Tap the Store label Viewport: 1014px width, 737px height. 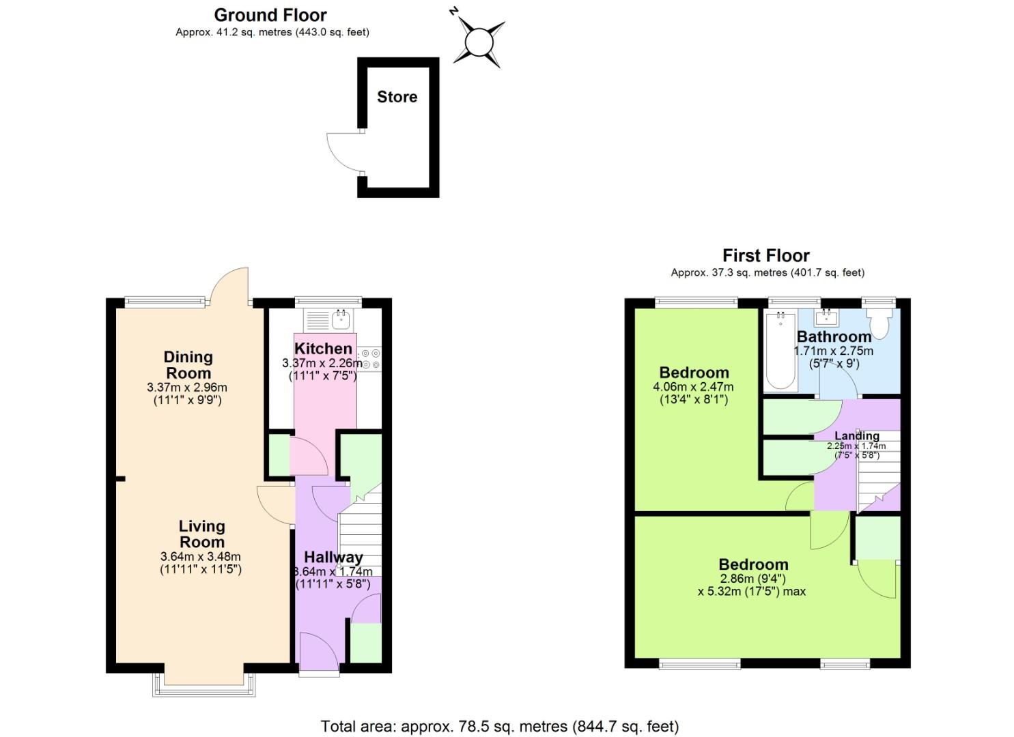397,97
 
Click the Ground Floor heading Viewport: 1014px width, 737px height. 270,15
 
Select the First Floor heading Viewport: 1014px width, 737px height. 765,256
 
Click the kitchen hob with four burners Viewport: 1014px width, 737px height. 371,359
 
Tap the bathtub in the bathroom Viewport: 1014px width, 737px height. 780,349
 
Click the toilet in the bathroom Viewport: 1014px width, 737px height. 880,323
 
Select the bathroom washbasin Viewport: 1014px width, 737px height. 827,317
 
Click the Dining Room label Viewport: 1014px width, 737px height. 188,365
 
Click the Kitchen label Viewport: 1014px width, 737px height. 323,349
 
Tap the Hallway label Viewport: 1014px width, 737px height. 333,558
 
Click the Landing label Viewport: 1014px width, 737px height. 857,435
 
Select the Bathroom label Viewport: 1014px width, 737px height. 834,336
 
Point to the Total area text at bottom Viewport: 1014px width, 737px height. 500,726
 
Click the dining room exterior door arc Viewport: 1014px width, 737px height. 229,285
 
